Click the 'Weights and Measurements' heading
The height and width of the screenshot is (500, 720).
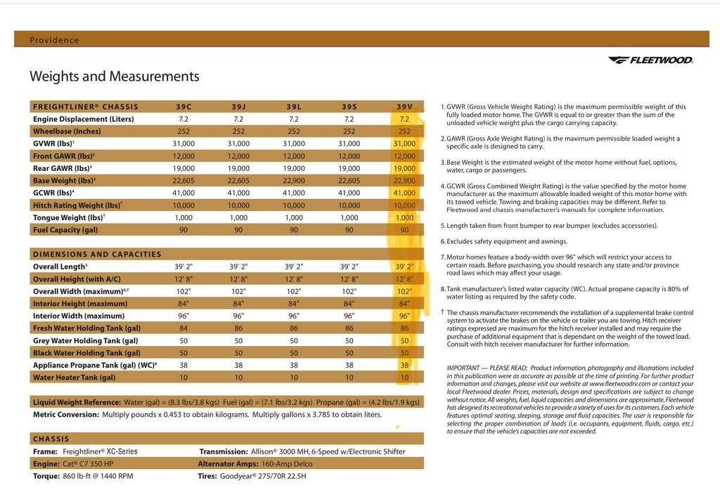pos(114,77)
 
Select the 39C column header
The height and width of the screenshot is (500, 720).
pos(184,107)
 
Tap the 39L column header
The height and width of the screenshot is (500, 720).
pos(294,107)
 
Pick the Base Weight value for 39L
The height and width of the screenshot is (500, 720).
pos(294,181)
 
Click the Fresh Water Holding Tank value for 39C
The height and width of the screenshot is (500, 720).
pos(184,328)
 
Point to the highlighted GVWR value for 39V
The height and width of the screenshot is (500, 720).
pos(404,143)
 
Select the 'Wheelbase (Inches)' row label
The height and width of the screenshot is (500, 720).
pos(67,132)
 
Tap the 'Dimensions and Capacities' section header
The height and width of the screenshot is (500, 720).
pos(97,254)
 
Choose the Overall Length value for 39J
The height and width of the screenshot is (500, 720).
pos(238,267)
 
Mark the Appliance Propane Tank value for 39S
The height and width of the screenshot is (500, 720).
pos(349,365)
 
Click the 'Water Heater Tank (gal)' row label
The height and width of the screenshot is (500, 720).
pos(74,378)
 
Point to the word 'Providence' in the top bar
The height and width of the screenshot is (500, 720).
pos(54,40)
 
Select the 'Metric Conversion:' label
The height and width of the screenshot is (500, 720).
pos(66,415)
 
